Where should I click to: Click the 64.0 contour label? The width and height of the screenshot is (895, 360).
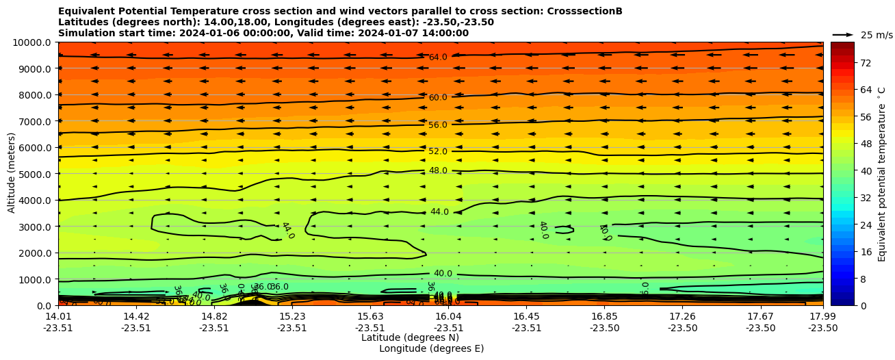pyautogui.click(x=438, y=57)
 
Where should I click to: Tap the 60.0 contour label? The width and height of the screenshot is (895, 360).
pyautogui.click(x=438, y=98)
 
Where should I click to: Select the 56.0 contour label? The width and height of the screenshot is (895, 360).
pyautogui.click(x=438, y=125)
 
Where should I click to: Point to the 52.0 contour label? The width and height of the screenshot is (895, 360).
pyautogui.click(x=438, y=151)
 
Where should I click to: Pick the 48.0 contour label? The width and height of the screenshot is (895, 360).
pyautogui.click(x=438, y=170)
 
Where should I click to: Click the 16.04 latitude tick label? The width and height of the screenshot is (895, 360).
pyautogui.click(x=448, y=316)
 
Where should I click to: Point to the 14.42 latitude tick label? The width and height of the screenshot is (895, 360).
pyautogui.click(x=135, y=316)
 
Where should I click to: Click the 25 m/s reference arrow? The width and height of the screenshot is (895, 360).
pyautogui.click(x=843, y=34)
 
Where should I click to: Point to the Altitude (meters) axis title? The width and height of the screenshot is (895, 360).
pyautogui.click(x=12, y=174)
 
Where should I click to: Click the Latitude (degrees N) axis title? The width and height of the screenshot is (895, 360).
pyautogui.click(x=410, y=337)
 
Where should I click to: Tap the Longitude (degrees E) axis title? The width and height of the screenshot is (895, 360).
pyautogui.click(x=431, y=348)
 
